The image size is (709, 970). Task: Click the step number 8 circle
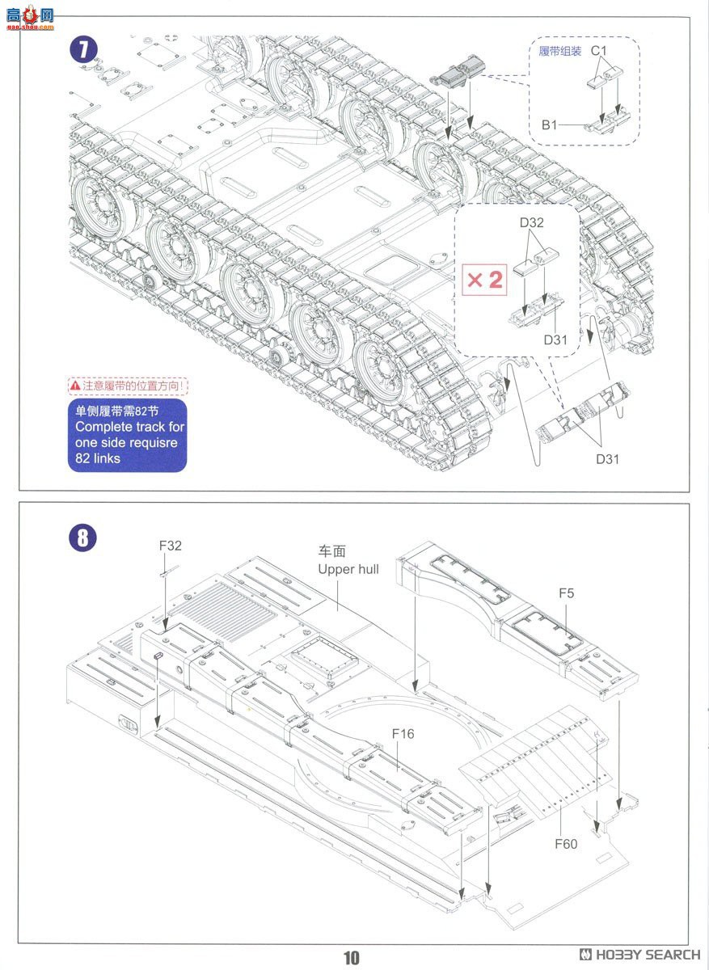pos(83,538)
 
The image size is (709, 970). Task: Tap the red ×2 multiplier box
pos(485,280)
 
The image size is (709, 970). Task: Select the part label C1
pos(598,51)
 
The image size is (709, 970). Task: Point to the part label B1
pos(550,125)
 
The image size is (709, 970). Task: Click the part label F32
pos(171,546)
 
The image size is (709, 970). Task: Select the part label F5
pos(566,593)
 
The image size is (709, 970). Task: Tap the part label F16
pos(403,734)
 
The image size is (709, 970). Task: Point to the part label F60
pos(566,844)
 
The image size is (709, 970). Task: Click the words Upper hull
pos(348,570)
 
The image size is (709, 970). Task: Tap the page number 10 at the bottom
pos(351,958)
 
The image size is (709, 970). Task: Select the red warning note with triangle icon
pos(127,386)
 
